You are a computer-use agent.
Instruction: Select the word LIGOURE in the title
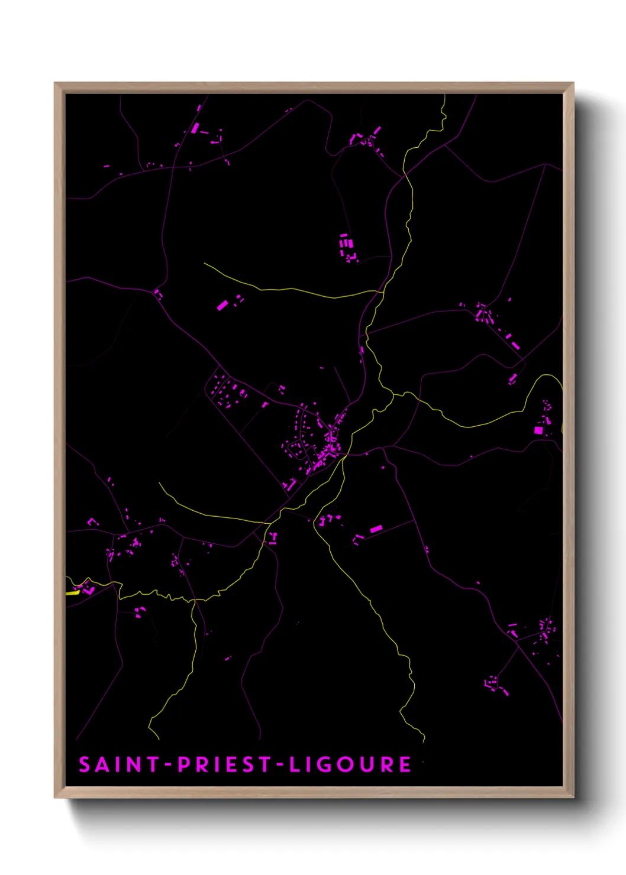pyautogui.click(x=350, y=764)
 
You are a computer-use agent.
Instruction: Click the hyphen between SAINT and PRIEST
pyautogui.click(x=168, y=765)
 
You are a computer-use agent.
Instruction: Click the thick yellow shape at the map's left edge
pyautogui.click(x=73, y=592)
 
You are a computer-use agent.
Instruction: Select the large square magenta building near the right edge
pyautogui.click(x=538, y=430)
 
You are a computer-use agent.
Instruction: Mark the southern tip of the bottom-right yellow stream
pyautogui.click(x=424, y=740)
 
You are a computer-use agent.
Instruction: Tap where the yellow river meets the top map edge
pyautogui.click(x=444, y=96)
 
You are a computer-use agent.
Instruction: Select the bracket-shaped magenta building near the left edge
pyautogui.click(x=92, y=522)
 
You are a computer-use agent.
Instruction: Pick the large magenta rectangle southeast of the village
pyautogui.click(x=376, y=529)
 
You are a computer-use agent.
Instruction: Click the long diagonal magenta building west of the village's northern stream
pyautogui.click(x=222, y=305)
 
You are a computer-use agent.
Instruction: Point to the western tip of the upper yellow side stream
pyautogui.click(x=205, y=264)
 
